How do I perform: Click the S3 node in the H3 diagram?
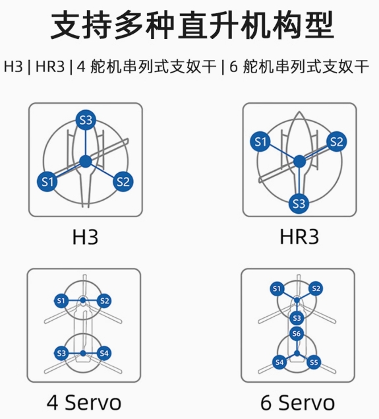[x=86, y=120]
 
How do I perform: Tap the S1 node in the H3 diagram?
[x=47, y=182]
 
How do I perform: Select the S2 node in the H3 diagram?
[x=123, y=181]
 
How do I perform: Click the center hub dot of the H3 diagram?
[x=86, y=162]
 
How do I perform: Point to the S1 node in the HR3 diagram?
[x=260, y=142]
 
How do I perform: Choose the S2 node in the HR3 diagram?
[x=336, y=142]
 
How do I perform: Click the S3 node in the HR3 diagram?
[x=299, y=204]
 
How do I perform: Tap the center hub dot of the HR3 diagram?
[x=299, y=162]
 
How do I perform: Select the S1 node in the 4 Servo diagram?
[x=61, y=301]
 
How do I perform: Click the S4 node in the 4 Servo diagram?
[x=104, y=353]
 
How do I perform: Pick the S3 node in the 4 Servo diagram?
[x=61, y=353]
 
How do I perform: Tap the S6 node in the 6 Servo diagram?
[x=297, y=333]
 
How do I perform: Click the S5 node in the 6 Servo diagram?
[x=314, y=362]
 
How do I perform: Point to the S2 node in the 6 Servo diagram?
[x=316, y=288]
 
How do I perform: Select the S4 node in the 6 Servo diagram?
[x=279, y=362]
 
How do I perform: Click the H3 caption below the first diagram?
[x=86, y=237]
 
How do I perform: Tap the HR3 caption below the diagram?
[x=299, y=237]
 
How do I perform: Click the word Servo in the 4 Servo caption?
[x=93, y=403]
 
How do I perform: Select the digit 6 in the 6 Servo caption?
[x=266, y=403]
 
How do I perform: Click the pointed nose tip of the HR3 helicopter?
[x=299, y=112]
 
